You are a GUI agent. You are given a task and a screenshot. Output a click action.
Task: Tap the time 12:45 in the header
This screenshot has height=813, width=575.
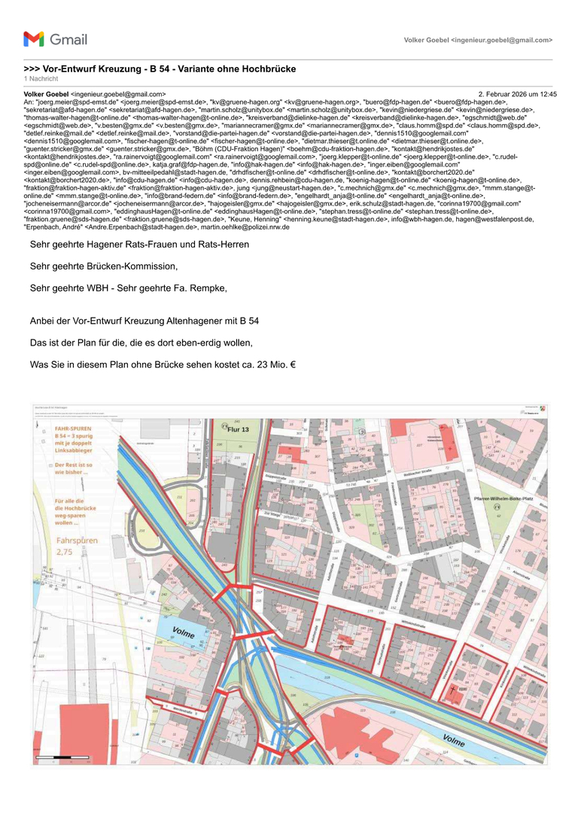pyautogui.click(x=548, y=94)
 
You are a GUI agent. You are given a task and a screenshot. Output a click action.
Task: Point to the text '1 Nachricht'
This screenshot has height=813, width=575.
pyautogui.click(x=41, y=78)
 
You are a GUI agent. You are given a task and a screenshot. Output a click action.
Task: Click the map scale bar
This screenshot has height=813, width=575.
pyautogui.click(x=65, y=757)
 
